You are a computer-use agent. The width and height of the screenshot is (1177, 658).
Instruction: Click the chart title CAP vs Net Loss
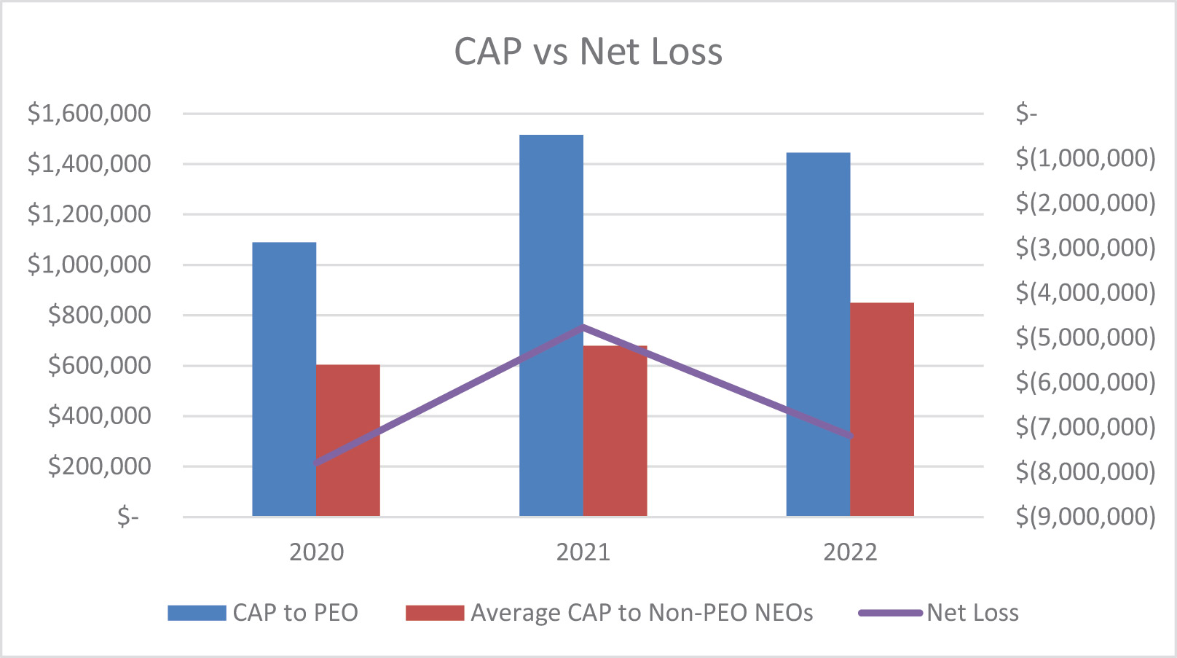click(588, 52)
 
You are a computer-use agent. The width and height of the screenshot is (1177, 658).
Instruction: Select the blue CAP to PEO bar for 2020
click(284, 379)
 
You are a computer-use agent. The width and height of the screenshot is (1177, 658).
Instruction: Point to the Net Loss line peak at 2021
click(583, 327)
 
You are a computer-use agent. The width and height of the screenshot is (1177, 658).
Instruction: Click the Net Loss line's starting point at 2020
click(317, 463)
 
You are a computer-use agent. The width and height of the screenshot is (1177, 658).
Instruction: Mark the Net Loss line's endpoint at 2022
click(849, 436)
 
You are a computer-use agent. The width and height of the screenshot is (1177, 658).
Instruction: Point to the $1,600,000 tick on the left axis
click(89, 114)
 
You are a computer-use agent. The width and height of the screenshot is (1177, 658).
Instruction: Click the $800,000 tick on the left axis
click(99, 315)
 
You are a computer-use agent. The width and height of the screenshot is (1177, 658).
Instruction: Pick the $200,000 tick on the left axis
click(99, 466)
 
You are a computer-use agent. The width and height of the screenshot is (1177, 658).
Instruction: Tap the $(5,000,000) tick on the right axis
click(1085, 337)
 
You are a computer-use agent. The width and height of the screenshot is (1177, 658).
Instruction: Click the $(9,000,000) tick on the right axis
click(1085, 517)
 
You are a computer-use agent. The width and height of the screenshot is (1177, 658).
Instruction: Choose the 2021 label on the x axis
click(583, 552)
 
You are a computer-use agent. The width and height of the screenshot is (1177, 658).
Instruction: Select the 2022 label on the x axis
click(850, 552)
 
